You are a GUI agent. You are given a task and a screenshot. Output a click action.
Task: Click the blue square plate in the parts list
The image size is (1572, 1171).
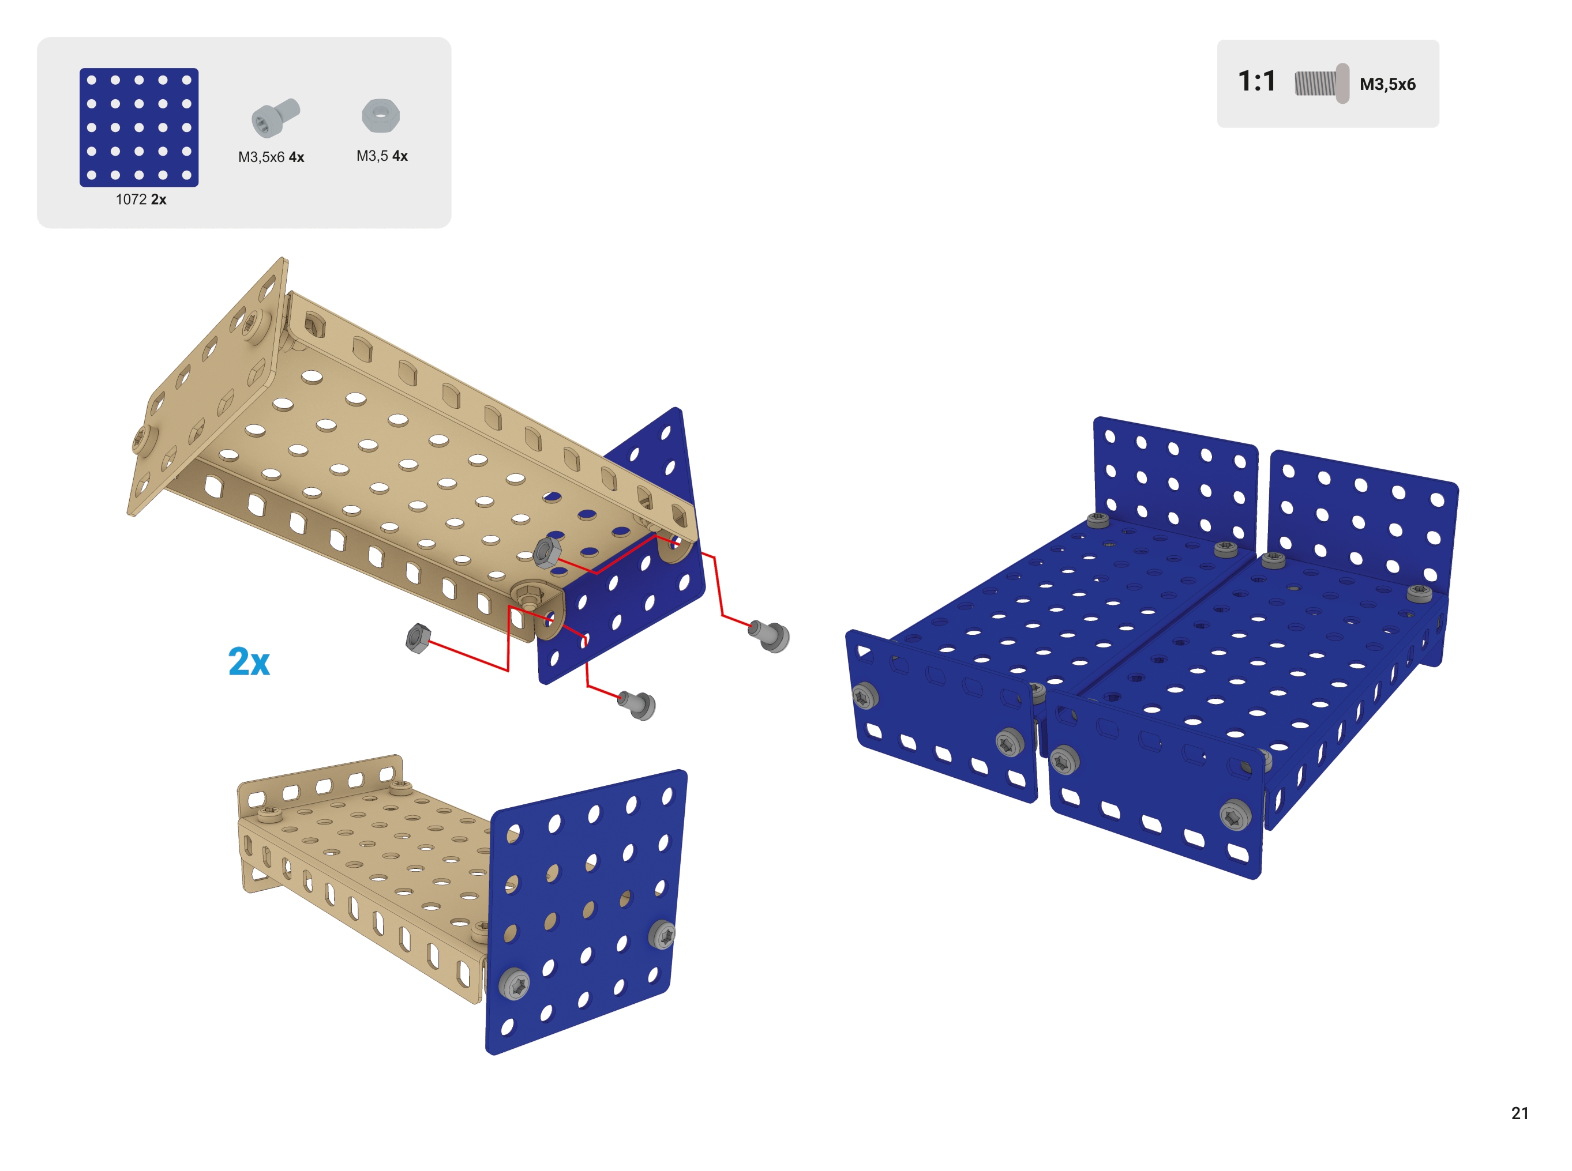click(138, 127)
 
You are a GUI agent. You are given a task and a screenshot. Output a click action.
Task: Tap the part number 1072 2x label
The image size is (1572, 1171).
click(141, 200)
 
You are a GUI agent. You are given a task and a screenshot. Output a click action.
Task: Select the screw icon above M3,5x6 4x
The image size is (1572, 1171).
click(275, 117)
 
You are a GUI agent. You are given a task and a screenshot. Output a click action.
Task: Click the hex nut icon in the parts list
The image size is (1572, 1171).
click(381, 115)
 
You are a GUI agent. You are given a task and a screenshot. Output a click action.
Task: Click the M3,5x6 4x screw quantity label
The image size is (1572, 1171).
click(271, 157)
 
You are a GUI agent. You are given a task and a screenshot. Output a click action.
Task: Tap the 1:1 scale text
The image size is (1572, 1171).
click(1256, 81)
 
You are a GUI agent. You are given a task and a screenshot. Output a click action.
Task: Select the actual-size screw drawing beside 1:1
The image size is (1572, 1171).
click(1322, 84)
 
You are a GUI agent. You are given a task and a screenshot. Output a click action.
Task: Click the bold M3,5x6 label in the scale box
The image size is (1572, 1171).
click(1387, 84)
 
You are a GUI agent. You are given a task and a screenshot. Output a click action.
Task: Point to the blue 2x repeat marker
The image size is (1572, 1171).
click(249, 661)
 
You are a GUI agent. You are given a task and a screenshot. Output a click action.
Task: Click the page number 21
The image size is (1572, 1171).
click(1520, 1113)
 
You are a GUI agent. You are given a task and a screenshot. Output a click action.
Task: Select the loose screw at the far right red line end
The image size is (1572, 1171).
click(770, 635)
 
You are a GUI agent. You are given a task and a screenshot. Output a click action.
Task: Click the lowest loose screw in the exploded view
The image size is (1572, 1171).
click(637, 705)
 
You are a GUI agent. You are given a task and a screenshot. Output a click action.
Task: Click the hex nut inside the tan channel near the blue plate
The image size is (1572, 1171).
click(547, 552)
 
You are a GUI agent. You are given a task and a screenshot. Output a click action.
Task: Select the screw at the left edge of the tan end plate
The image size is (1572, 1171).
click(140, 440)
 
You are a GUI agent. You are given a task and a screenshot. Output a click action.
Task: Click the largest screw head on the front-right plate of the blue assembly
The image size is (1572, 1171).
click(1235, 816)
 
